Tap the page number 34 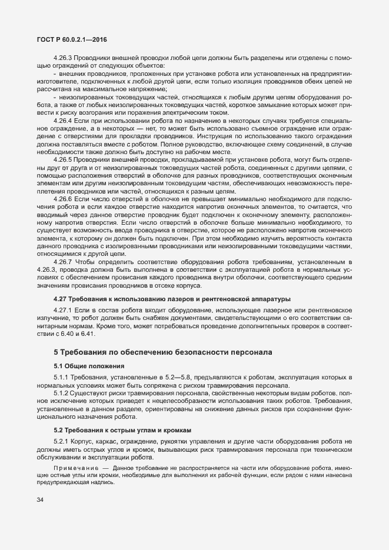click(40, 500)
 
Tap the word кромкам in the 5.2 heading click(172, 430)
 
